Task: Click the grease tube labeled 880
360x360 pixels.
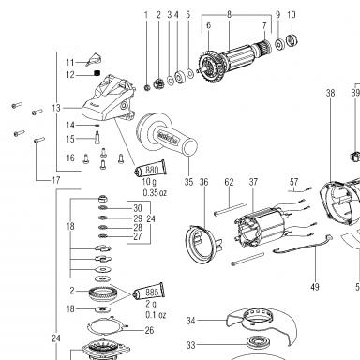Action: [149, 169]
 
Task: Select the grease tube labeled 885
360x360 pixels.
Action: [149, 292]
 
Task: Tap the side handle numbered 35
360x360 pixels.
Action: [166, 134]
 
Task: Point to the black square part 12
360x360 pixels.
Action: [97, 73]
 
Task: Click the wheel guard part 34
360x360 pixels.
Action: [261, 325]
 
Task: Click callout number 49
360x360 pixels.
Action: [315, 286]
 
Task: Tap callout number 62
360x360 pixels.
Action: [229, 182]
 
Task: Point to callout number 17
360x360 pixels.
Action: [55, 180]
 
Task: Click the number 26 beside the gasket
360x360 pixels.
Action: [149, 330]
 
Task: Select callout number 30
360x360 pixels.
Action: [138, 208]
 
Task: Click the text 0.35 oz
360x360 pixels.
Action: [155, 193]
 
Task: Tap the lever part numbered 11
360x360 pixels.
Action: [94, 60]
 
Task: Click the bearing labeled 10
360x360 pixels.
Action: [292, 39]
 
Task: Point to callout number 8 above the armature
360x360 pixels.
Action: [229, 14]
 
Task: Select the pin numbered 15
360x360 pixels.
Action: [97, 137]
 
